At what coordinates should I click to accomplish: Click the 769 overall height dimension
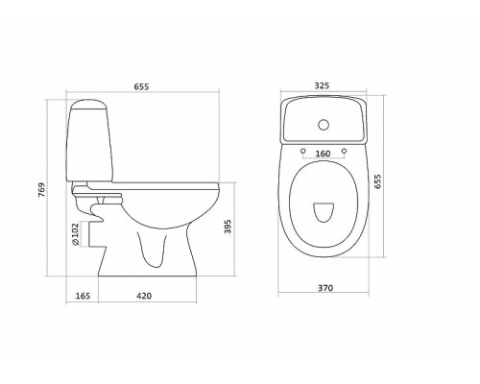point(42,190)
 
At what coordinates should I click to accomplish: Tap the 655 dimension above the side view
point(141,86)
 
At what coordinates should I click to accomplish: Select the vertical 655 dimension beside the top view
point(377,181)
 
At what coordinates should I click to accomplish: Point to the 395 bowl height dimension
point(228,227)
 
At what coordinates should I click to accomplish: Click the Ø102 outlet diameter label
point(76,234)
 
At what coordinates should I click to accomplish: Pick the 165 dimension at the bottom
point(83,296)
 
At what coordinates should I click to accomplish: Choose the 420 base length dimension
point(144,296)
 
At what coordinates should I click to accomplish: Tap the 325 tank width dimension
point(322,85)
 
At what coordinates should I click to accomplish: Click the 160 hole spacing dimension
point(323,154)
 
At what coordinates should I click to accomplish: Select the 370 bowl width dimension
point(325,288)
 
